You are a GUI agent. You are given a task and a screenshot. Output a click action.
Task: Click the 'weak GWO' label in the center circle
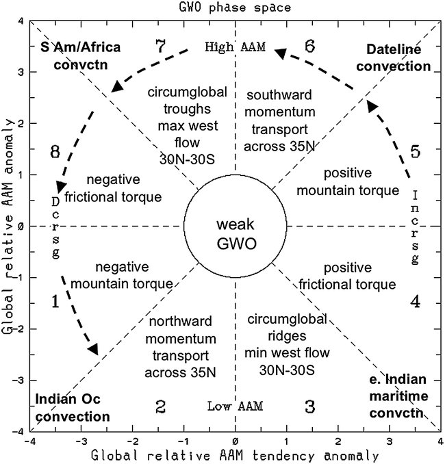pos(236,234)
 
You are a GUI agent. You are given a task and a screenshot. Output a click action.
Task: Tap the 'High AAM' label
pos(235,47)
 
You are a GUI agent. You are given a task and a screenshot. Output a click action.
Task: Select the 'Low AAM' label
pos(235,406)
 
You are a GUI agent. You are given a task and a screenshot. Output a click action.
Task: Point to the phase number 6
pos(309,47)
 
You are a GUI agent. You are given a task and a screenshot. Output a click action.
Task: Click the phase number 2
pos(160,407)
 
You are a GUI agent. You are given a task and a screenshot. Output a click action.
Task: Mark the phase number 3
pos(309,407)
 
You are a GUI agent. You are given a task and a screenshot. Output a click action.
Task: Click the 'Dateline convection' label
pos(398,57)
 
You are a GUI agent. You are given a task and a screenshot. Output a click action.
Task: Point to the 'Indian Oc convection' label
pos(72,408)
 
